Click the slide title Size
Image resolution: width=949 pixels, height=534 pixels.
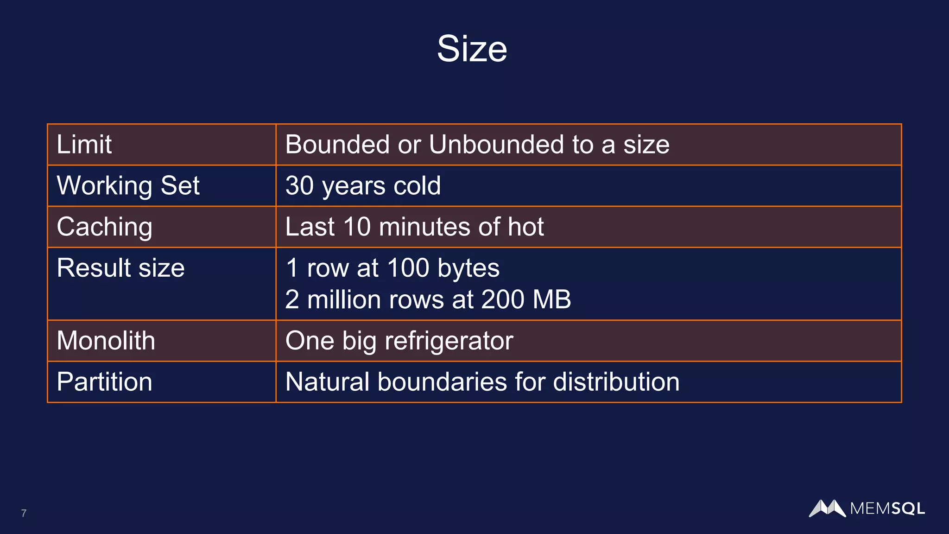(472, 49)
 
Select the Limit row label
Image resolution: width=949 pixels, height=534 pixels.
(84, 144)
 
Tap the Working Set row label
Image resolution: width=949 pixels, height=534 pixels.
(128, 185)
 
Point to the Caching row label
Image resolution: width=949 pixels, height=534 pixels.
(104, 227)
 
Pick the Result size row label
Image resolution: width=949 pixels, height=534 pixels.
(120, 268)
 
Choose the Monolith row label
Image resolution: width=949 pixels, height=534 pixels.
(106, 341)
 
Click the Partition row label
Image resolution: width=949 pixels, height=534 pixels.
(104, 382)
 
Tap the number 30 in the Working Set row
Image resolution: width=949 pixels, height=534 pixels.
(299, 185)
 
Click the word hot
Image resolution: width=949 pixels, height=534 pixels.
(525, 227)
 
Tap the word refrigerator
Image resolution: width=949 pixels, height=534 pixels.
(449, 341)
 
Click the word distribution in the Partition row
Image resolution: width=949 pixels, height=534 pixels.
(616, 382)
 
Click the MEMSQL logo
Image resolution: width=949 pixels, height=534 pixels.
(867, 509)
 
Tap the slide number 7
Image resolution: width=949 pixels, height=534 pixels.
(24, 513)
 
